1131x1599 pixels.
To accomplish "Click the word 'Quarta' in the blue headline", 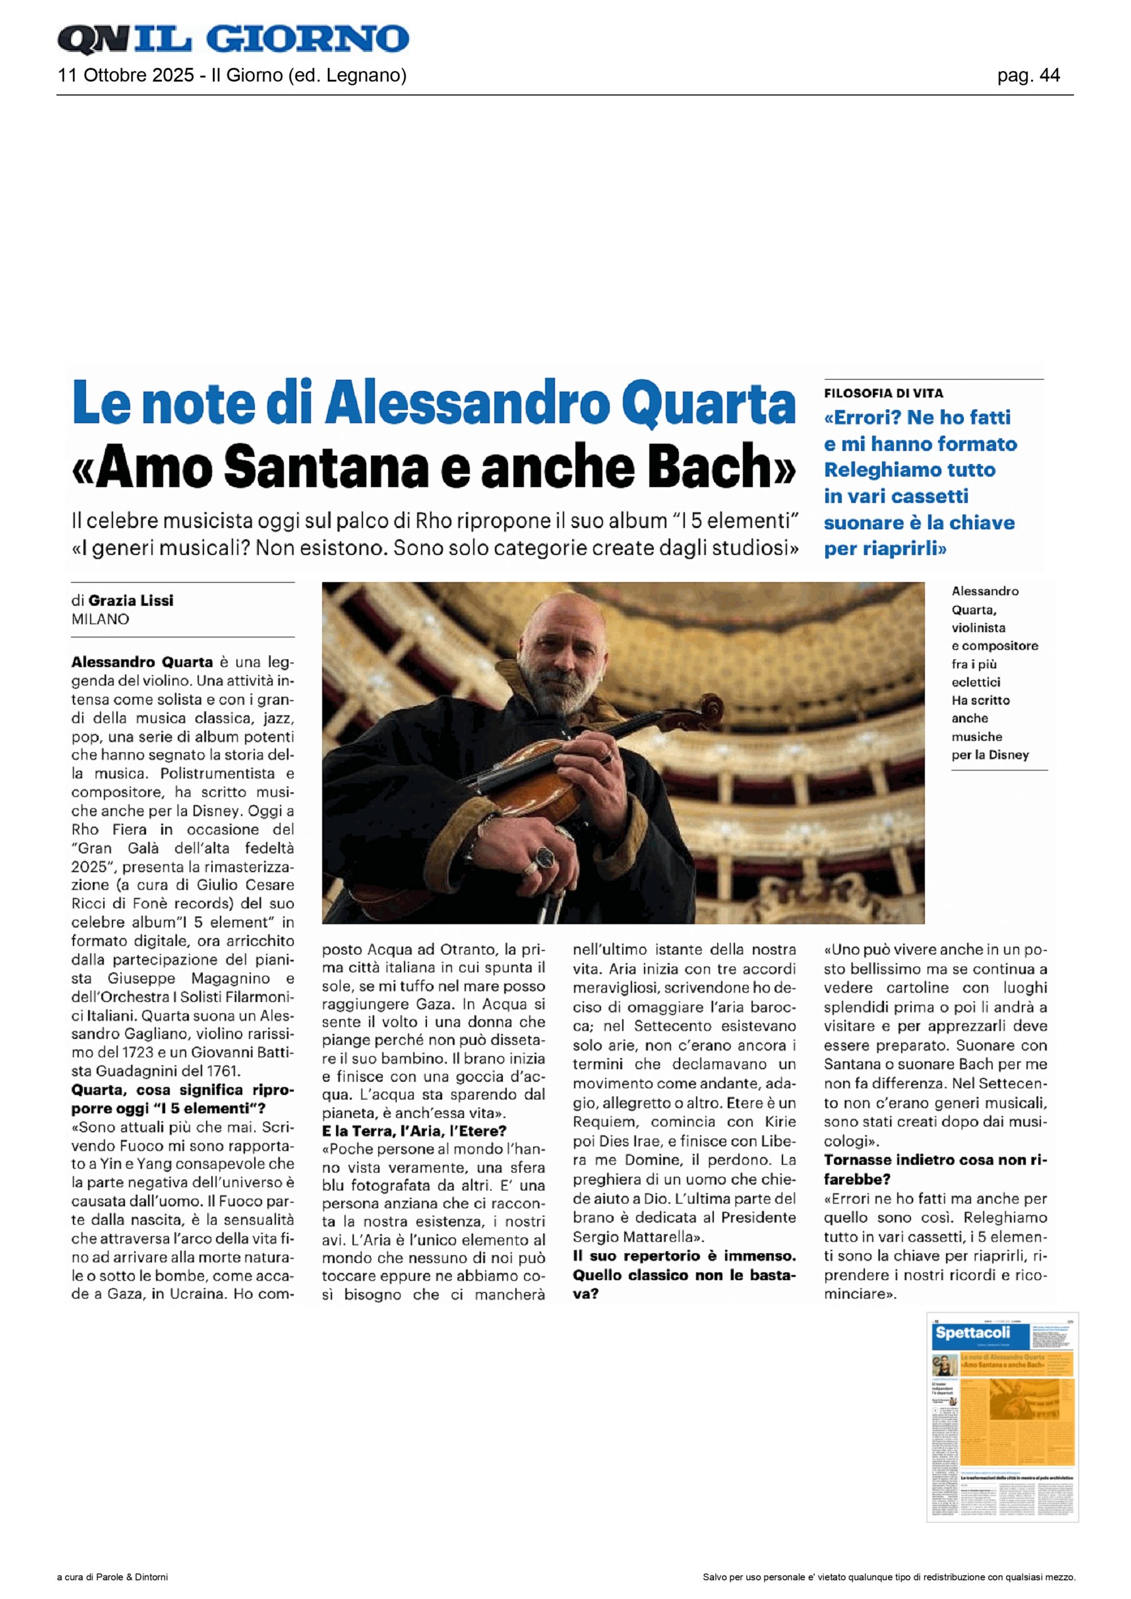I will [708, 404].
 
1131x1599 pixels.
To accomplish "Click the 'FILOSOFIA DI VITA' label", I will [883, 394].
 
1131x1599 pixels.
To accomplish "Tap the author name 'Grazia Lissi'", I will [131, 600].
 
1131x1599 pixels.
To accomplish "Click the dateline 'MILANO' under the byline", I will [101, 619].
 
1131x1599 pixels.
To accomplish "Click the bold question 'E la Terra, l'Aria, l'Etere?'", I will [413, 1131].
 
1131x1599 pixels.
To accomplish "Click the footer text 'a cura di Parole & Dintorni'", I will [112, 1577].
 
